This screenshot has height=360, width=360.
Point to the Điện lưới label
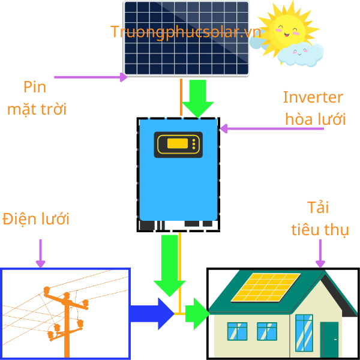point(36,219)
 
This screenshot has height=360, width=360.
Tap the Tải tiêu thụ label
point(320,219)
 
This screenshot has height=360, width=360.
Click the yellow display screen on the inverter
point(178,144)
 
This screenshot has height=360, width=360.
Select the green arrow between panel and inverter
point(198,98)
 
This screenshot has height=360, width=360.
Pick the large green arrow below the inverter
point(167,264)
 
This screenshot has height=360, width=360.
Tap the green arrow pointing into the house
point(196,313)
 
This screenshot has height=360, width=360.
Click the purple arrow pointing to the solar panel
point(90,77)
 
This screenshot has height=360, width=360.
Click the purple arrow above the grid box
point(41,253)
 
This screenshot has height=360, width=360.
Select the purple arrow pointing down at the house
point(320,253)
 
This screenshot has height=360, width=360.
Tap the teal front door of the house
point(329,339)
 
